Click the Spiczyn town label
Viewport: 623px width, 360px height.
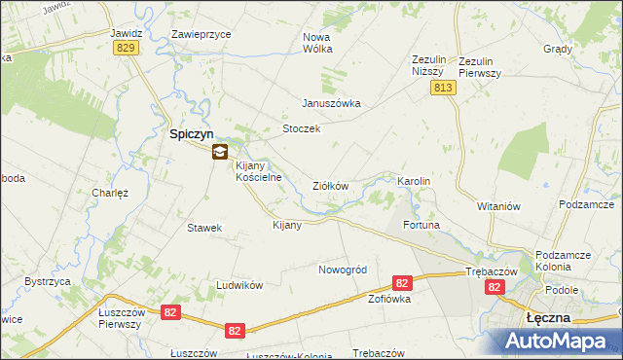click(193, 134)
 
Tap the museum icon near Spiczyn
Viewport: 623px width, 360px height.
click(221, 151)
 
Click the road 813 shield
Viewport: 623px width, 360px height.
click(443, 88)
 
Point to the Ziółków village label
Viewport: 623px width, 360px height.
click(330, 185)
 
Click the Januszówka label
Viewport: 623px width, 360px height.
click(331, 103)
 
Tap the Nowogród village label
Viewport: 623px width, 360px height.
click(343, 269)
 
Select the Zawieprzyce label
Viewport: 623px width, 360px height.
click(201, 33)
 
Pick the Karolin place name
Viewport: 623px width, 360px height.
click(414, 182)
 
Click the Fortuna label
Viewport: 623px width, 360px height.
click(422, 225)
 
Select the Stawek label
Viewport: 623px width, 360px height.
click(204, 228)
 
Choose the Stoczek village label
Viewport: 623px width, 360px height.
click(301, 128)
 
